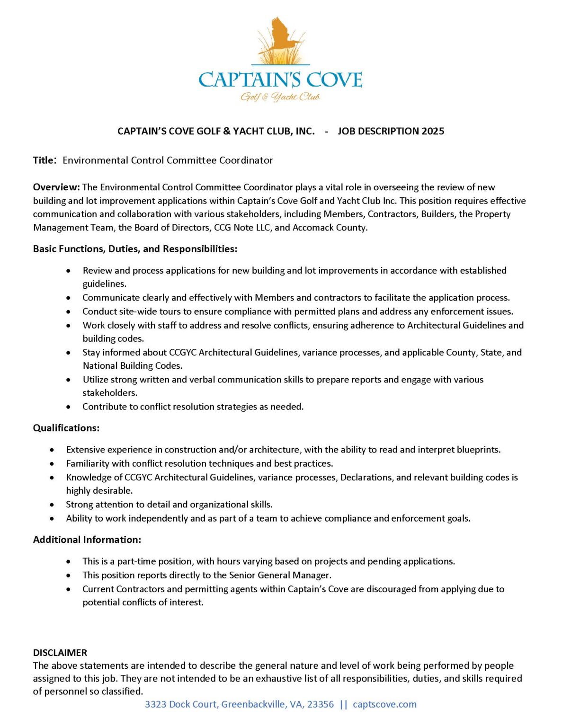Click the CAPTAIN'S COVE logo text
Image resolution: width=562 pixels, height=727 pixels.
pos(280,80)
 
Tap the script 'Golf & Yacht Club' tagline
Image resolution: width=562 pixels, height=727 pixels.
pos(280,97)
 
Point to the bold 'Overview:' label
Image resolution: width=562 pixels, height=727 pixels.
pos(56,187)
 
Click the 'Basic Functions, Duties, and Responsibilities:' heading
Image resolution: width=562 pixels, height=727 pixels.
pos(135,249)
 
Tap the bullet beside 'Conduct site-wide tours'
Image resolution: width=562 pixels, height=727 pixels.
pos(69,312)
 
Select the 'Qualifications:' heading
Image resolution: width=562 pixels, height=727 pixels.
pos(66,428)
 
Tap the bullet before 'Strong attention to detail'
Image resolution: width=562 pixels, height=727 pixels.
pos(52,505)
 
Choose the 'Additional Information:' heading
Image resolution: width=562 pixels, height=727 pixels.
pos(87,540)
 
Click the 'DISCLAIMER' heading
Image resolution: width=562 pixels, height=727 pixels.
pos(60,653)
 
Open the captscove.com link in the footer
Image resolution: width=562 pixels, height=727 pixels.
pos(384,704)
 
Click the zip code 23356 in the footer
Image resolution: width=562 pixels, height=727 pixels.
pos(321,704)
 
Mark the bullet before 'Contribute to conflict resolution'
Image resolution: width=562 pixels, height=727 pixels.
pos(69,407)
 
